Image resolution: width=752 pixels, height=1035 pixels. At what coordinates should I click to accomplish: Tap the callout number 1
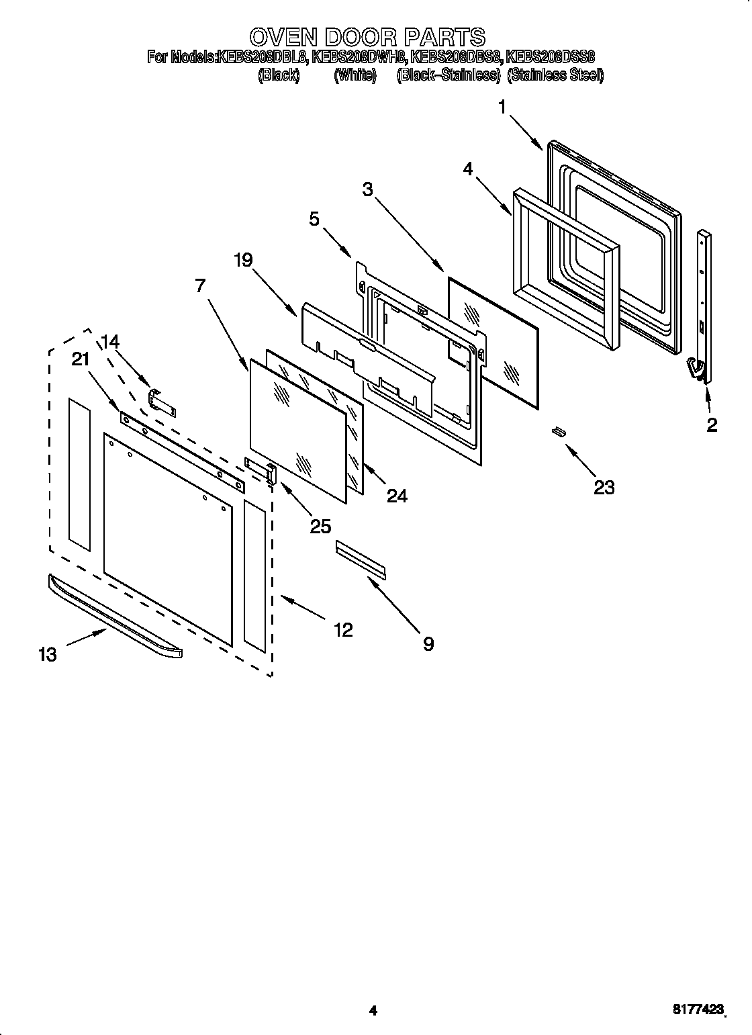click(502, 107)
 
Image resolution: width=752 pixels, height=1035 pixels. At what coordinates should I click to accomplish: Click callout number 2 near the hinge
click(711, 424)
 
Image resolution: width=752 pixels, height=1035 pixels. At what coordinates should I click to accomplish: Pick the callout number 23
click(604, 487)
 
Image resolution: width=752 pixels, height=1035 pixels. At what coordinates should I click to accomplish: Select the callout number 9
click(428, 643)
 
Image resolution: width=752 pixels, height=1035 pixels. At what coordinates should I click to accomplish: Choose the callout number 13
click(48, 654)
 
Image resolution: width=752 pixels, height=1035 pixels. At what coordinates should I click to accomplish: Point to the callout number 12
click(343, 629)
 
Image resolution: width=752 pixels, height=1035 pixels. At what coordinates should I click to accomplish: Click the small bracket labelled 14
click(162, 404)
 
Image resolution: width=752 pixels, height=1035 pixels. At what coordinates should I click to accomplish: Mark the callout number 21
click(80, 359)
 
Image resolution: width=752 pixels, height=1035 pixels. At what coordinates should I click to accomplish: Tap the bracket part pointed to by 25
click(261, 471)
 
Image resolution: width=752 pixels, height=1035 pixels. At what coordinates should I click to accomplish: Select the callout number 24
click(397, 495)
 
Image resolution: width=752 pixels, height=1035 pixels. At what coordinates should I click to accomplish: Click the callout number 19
click(243, 260)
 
